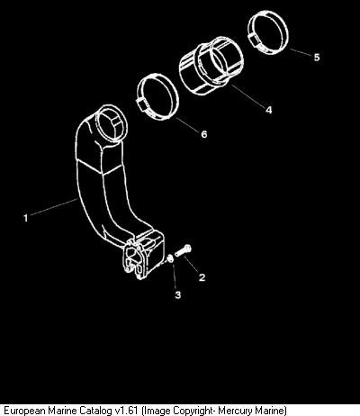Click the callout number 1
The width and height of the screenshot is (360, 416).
[26, 218]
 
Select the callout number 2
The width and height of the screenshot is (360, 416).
[202, 277]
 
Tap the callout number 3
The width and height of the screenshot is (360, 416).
[178, 294]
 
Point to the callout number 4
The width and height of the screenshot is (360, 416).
[269, 110]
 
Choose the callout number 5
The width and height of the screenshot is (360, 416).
[317, 57]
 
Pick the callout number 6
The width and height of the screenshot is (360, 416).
[204, 134]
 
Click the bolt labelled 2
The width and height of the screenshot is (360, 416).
[183, 251]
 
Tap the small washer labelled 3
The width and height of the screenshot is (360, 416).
[170, 258]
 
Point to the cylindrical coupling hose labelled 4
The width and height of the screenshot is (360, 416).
[211, 66]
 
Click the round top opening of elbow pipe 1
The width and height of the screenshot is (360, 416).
[111, 124]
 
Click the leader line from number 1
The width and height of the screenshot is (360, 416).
[54, 206]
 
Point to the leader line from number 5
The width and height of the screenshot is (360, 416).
[301, 52]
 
